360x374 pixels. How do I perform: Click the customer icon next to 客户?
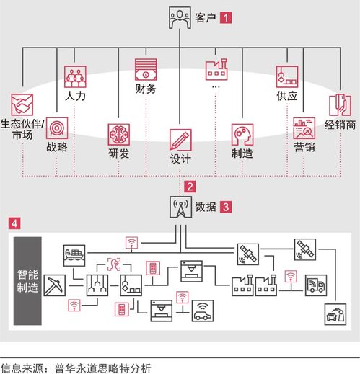(x=180, y=17)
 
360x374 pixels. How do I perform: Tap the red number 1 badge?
(x=226, y=17)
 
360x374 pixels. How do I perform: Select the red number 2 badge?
(x=190, y=187)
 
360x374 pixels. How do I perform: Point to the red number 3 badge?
(x=226, y=207)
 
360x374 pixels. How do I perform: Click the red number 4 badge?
(x=14, y=223)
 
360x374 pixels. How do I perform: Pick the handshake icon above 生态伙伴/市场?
(x=22, y=104)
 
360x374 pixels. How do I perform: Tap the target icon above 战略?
(x=57, y=128)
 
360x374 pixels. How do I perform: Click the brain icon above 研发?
(x=119, y=135)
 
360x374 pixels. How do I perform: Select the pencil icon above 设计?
(x=180, y=140)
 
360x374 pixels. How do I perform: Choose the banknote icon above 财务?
(x=146, y=69)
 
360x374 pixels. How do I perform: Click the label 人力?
(x=75, y=96)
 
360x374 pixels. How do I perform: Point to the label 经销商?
(x=340, y=125)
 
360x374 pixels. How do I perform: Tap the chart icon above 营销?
(x=304, y=128)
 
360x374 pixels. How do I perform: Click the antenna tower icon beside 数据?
(x=180, y=207)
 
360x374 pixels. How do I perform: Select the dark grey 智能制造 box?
(x=27, y=281)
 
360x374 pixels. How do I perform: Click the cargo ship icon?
(x=74, y=256)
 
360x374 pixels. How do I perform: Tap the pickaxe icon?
(x=55, y=285)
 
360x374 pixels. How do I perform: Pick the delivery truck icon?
(x=316, y=285)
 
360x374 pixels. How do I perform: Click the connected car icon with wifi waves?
(x=203, y=311)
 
